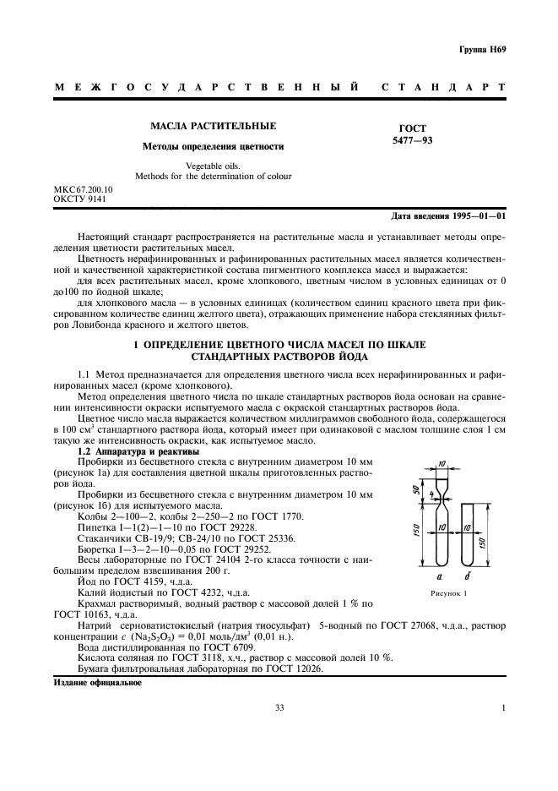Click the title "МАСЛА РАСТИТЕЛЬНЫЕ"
[213, 126]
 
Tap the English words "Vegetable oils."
[213, 166]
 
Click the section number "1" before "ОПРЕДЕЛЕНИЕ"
[136, 346]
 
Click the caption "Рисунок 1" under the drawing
[438, 594]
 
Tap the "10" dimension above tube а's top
[441, 465]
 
